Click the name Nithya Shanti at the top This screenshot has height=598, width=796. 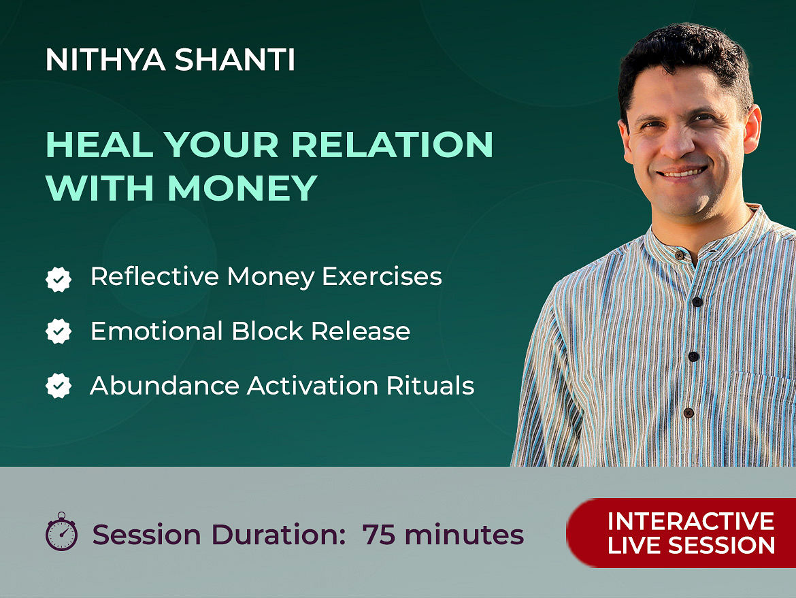click(171, 59)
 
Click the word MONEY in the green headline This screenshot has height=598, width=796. click(243, 188)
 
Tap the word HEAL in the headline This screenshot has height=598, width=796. click(99, 145)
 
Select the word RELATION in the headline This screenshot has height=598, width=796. click(392, 145)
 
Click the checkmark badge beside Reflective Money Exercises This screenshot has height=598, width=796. click(59, 279)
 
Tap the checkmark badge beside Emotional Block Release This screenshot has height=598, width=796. click(59, 331)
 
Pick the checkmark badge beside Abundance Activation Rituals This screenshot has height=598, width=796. click(59, 386)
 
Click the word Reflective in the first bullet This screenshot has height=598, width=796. click(155, 277)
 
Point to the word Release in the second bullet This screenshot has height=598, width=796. click(361, 331)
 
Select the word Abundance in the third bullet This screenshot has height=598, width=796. click(165, 386)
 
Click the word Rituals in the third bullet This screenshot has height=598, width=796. click(431, 386)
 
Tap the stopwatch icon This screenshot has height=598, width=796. click(61, 531)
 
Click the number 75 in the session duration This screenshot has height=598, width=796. click(379, 535)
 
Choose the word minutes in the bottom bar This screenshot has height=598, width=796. click(464, 535)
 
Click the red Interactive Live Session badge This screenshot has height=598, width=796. click(681, 533)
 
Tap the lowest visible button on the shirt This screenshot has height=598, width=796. click(689, 413)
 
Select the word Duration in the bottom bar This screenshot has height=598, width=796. click(278, 535)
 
